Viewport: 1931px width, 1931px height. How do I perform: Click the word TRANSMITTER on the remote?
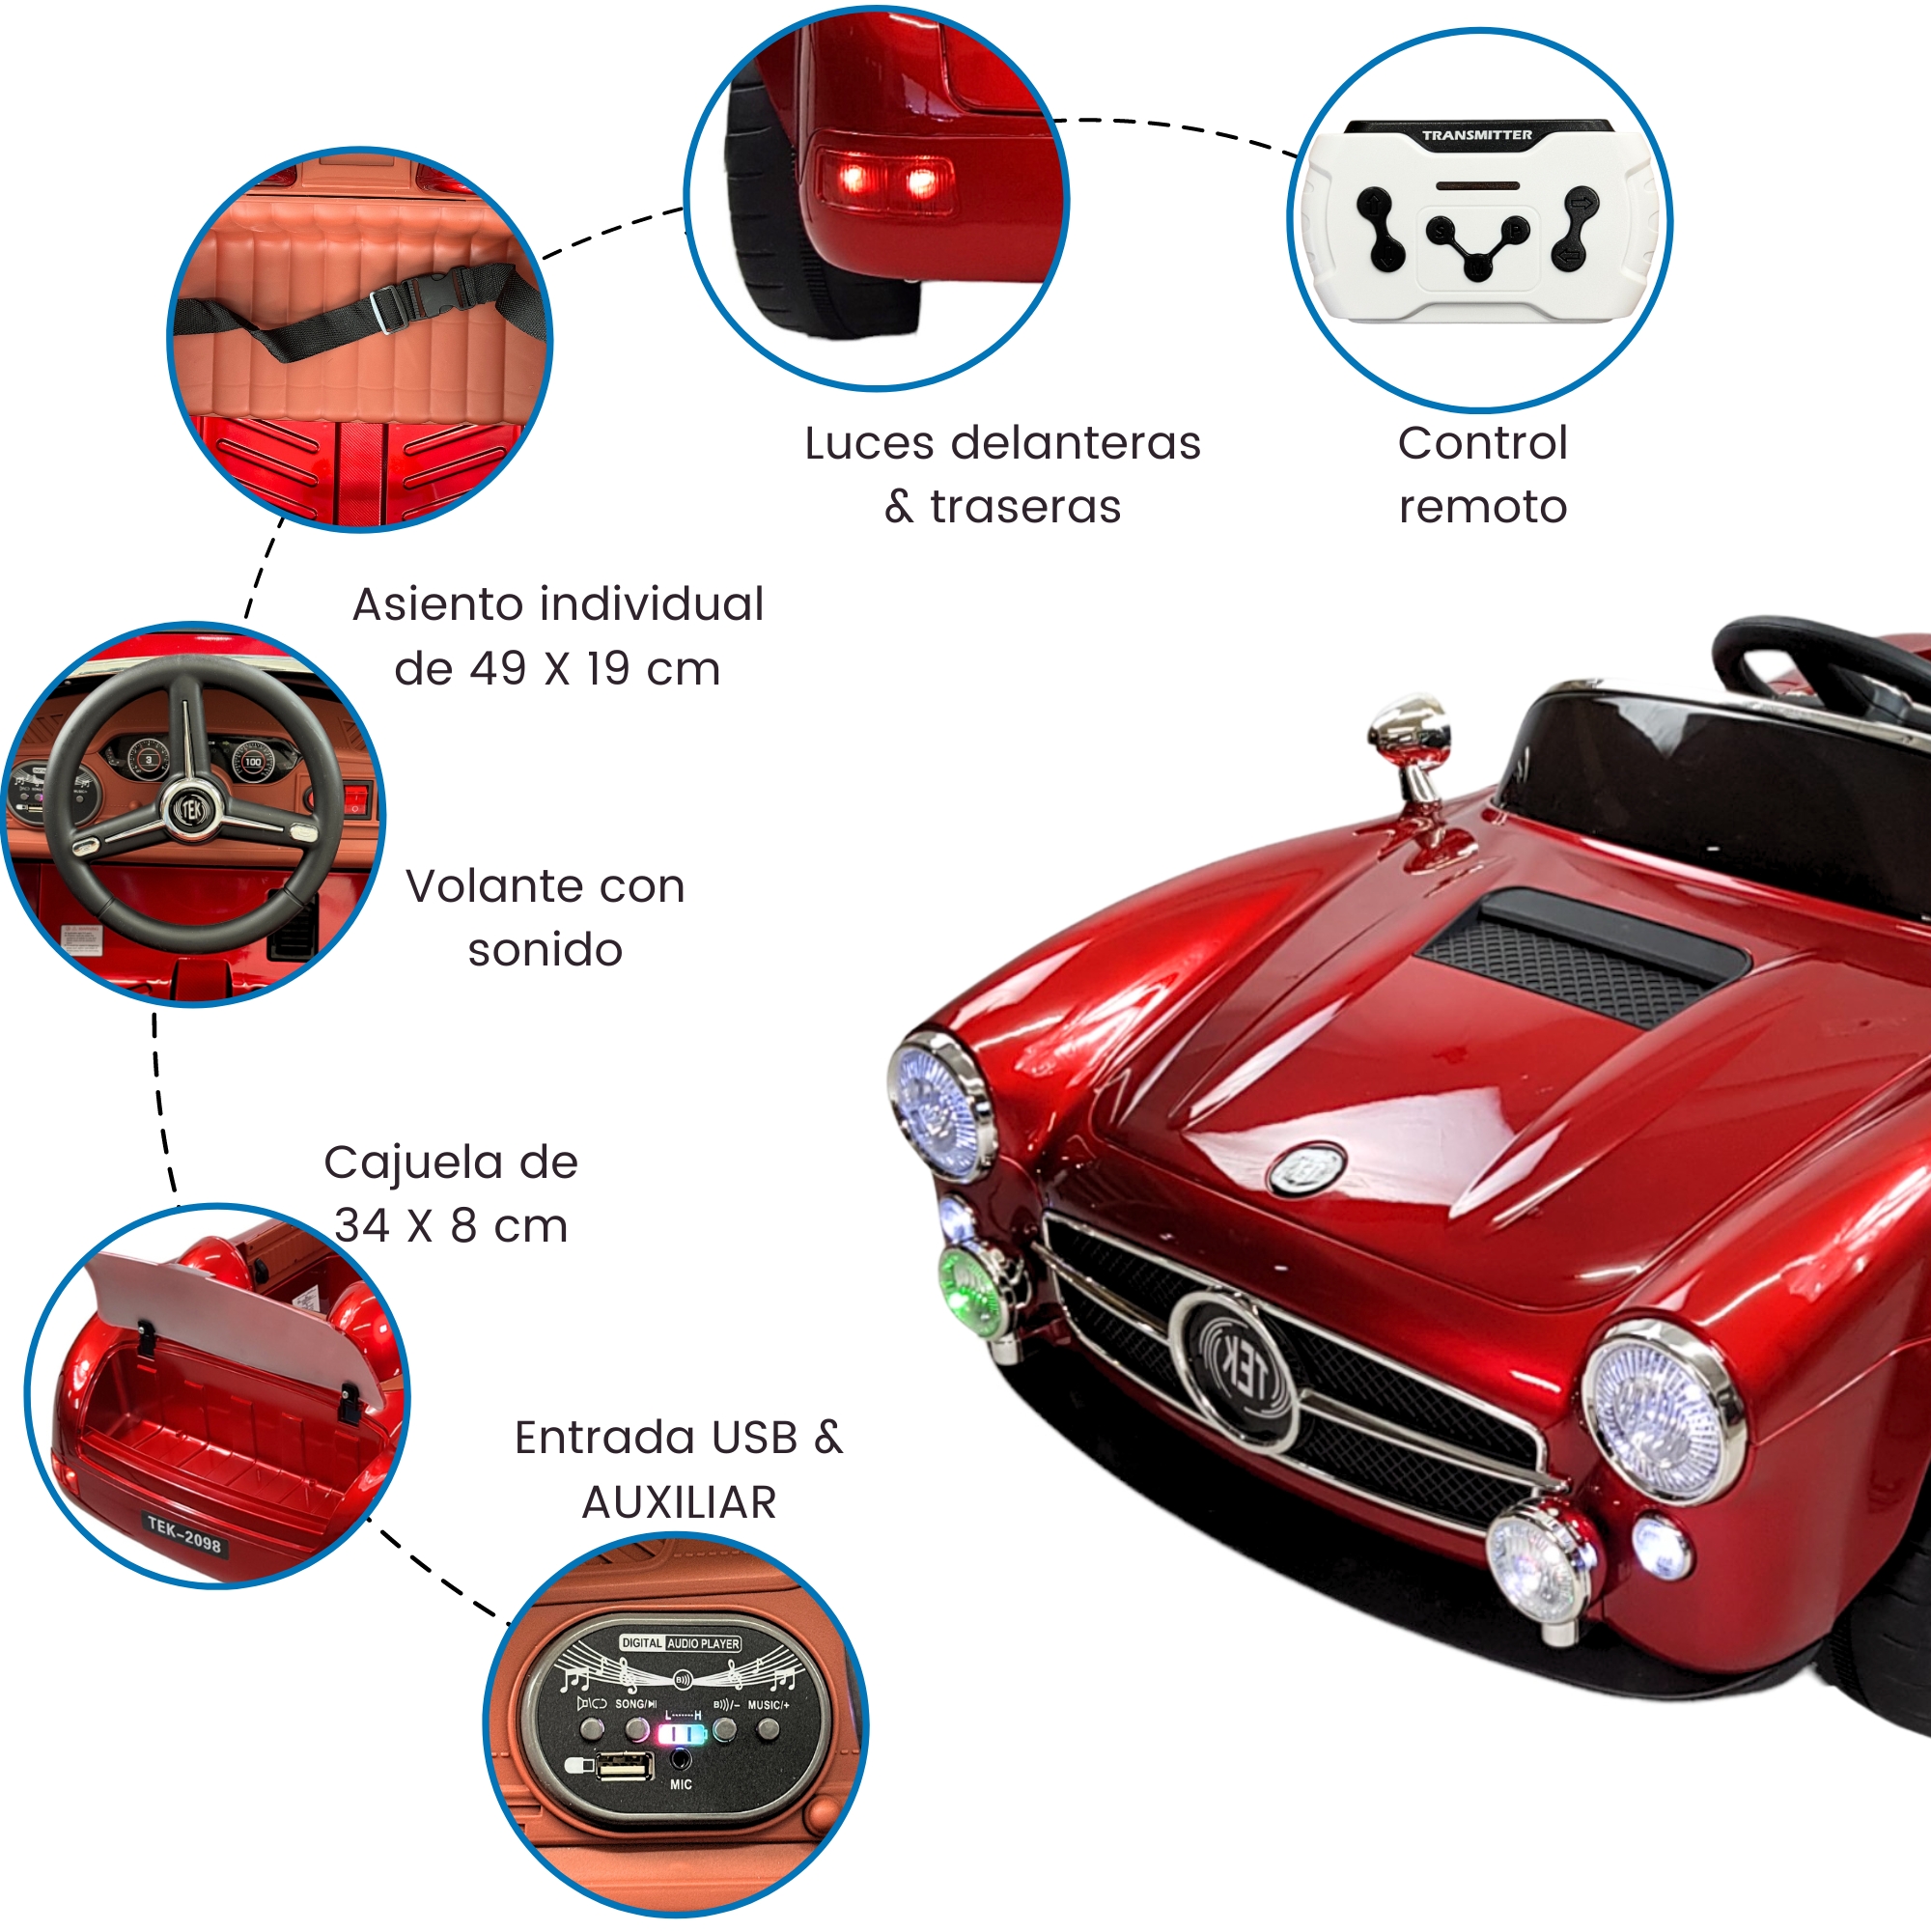tap(1476, 135)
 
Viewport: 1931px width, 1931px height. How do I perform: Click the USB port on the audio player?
tap(625, 1767)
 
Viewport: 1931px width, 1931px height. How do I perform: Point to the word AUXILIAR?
tap(679, 1502)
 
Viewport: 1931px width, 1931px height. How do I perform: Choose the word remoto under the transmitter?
tap(1482, 507)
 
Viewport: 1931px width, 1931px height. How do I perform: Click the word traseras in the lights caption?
tap(1025, 507)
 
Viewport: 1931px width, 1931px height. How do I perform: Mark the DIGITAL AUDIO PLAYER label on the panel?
tap(681, 1643)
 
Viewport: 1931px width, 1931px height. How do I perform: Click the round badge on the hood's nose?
tap(1307, 1168)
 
